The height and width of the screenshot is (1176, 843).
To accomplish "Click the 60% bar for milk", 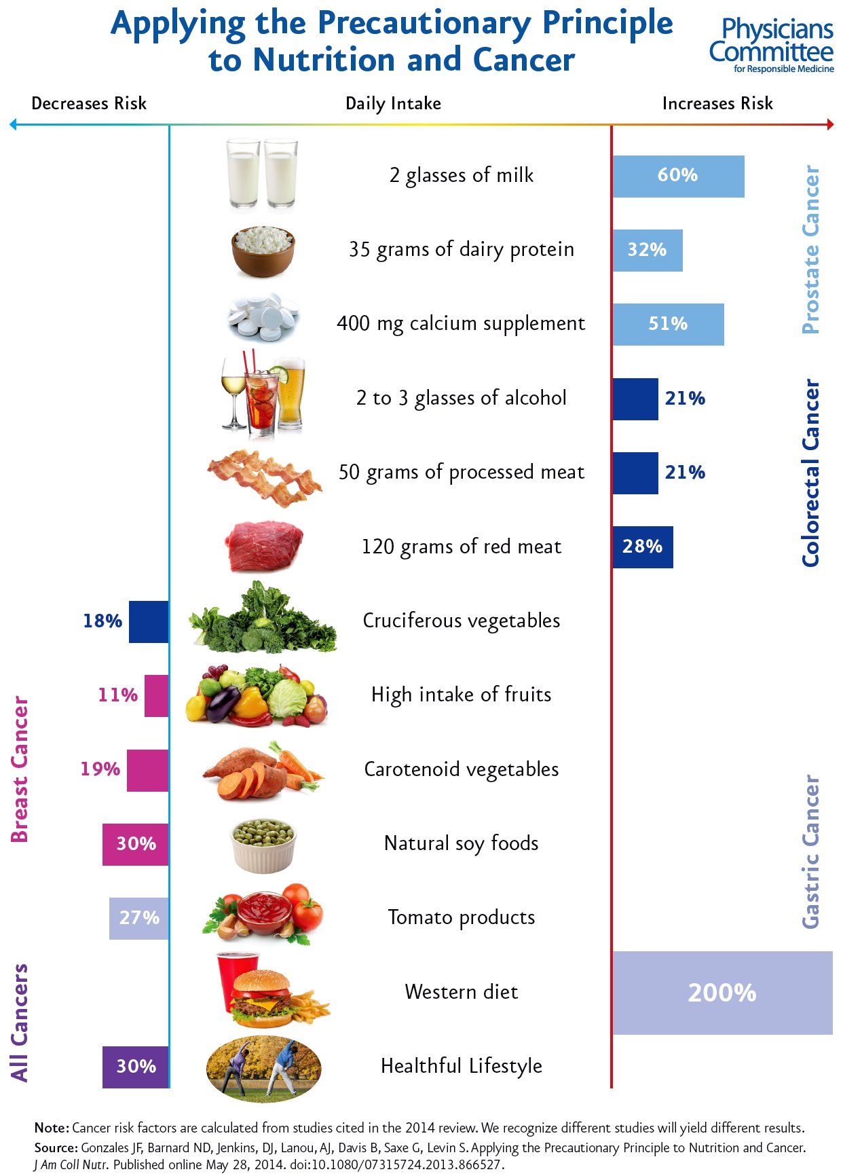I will [x=678, y=177].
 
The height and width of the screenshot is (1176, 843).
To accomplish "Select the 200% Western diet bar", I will [x=722, y=993].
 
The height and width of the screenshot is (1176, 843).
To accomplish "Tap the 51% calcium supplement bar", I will [x=668, y=325].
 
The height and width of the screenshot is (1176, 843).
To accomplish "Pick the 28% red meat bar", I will [x=642, y=547].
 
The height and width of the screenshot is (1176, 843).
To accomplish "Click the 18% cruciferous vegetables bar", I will [x=148, y=621].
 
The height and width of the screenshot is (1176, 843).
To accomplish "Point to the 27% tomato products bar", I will [x=139, y=918].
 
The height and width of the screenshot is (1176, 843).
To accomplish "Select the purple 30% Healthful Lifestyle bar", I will [x=136, y=1067].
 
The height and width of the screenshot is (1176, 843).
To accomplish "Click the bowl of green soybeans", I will [x=263, y=845].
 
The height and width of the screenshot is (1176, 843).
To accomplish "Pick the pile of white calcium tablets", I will [x=262, y=317].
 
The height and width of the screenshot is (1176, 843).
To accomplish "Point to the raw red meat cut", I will [x=264, y=545].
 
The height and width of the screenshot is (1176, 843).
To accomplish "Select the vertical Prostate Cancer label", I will [x=811, y=249].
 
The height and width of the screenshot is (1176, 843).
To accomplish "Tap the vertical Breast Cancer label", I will [x=20, y=769].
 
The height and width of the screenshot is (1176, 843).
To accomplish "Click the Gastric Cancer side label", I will [x=811, y=851].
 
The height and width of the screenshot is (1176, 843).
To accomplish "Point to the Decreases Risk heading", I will [x=89, y=103].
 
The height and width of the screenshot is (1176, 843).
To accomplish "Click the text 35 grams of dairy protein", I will [x=461, y=250].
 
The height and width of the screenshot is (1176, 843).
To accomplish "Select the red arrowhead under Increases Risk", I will [x=829, y=124].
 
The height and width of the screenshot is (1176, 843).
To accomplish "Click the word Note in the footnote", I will [x=51, y=1128].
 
